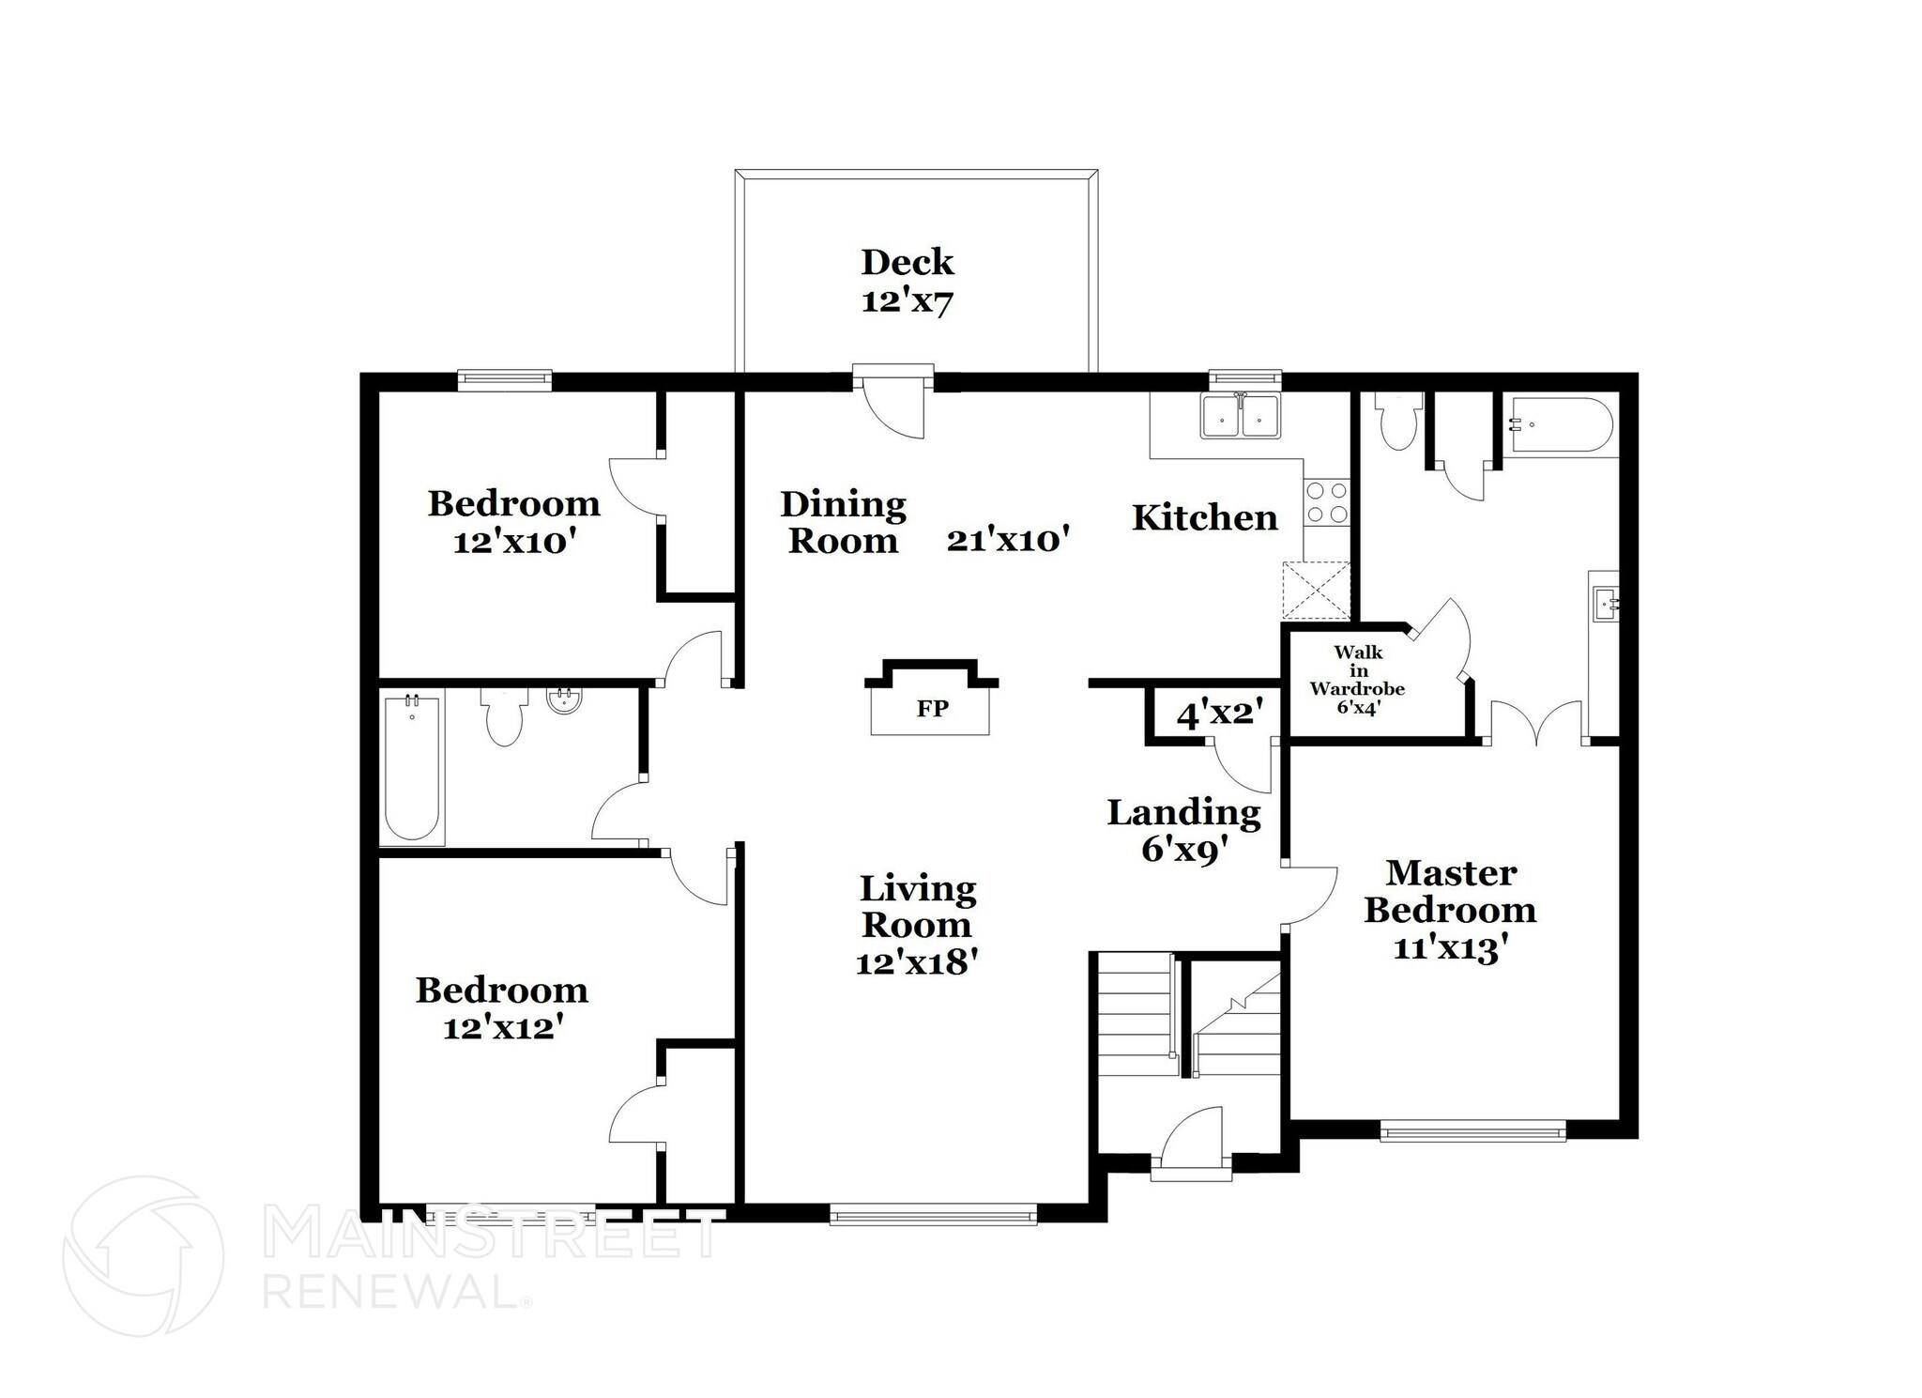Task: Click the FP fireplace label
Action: click(932, 709)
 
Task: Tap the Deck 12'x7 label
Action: click(908, 281)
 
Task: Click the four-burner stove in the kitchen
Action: click(1326, 502)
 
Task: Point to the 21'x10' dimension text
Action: click(1009, 540)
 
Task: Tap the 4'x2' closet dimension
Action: click(1214, 714)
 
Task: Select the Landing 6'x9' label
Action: click(1183, 831)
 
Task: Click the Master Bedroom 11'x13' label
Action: click(1450, 910)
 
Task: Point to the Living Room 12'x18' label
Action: click(917, 925)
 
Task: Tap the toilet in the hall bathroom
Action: click(504, 718)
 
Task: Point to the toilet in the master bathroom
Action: click(1397, 422)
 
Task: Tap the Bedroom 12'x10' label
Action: click(513, 523)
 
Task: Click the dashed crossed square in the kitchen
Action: click(1317, 591)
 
